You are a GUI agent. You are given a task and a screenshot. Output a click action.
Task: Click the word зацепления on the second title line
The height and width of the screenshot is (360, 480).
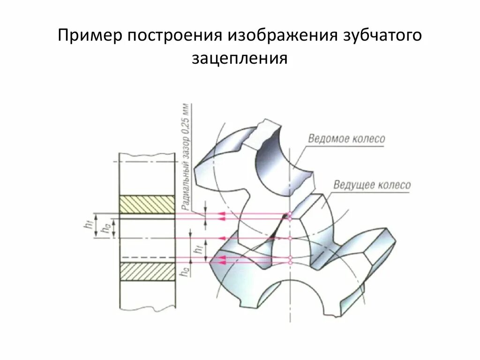[239, 58]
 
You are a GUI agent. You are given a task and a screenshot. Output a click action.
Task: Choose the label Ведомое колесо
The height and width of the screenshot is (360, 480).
[346, 139]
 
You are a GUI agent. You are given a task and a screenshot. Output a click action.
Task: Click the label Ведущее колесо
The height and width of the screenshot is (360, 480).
[372, 185]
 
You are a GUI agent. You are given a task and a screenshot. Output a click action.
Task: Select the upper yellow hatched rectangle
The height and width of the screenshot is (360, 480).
[147, 204]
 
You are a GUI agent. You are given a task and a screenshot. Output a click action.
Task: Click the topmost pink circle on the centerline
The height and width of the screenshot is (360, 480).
[290, 214]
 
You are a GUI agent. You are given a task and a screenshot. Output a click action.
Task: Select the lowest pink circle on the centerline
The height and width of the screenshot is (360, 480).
[290, 262]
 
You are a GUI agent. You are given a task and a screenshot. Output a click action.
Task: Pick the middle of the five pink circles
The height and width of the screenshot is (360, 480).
[290, 238]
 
